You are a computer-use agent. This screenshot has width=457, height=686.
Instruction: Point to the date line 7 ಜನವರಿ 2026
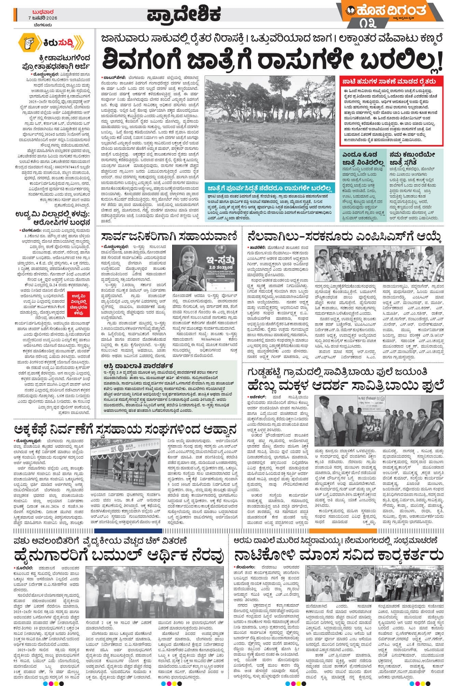(42, 18)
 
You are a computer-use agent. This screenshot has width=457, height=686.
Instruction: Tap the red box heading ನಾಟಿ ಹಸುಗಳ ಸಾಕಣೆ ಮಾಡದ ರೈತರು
(390, 82)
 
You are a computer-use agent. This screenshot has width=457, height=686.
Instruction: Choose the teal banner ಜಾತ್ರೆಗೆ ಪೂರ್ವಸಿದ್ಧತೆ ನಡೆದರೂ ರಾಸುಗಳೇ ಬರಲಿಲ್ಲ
(270, 188)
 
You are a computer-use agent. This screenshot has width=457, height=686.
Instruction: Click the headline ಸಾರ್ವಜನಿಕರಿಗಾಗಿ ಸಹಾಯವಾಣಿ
(169, 236)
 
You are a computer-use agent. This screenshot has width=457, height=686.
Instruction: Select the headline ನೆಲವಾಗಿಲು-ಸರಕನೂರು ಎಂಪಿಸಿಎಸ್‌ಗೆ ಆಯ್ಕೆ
(344, 236)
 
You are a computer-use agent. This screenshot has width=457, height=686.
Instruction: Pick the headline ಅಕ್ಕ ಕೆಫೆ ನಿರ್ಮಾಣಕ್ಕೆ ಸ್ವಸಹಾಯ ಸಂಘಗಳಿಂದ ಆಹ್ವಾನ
(126, 429)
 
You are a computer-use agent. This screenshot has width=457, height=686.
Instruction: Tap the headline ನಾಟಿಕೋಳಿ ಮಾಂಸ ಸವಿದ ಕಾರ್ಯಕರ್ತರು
(339, 554)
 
